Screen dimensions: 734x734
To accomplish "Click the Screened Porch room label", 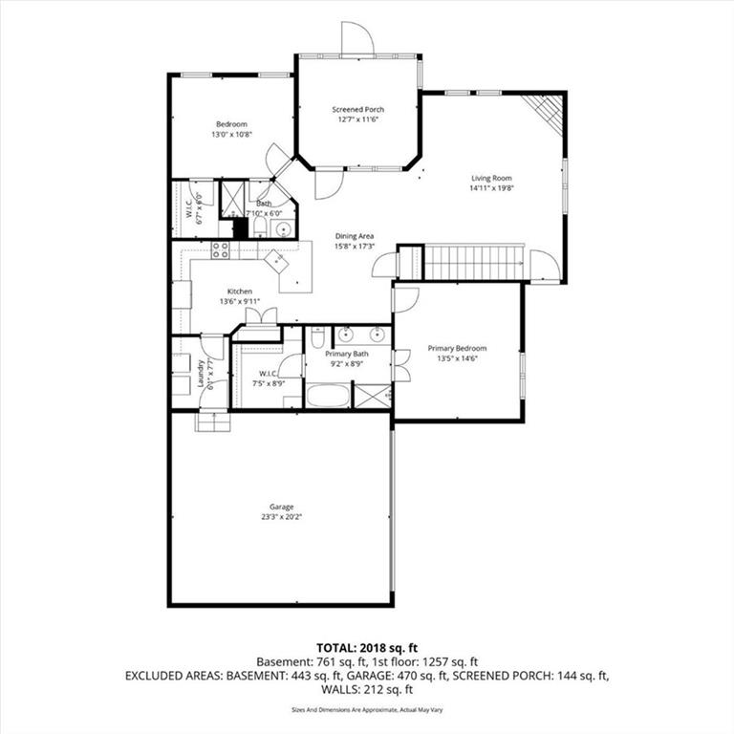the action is coord(358,110).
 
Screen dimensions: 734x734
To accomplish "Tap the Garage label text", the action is coord(281,507).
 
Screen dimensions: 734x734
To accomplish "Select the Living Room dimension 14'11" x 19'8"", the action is coord(491,188).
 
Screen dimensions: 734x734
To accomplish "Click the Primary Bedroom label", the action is coord(457,348).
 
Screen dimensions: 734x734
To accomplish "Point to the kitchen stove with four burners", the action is coord(220,250).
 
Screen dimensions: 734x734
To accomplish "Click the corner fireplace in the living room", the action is coord(546,114).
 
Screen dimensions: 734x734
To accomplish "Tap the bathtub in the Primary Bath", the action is coord(328,396).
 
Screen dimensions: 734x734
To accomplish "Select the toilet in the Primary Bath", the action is coord(317,337).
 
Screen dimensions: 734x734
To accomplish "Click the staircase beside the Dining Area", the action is coord(473,263).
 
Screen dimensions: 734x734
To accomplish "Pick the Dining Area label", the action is coord(355,236).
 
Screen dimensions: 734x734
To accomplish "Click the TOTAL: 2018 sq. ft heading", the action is coord(367,648).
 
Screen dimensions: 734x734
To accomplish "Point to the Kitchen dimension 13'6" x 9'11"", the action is coord(240,301).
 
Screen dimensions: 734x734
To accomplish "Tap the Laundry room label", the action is coord(201,373).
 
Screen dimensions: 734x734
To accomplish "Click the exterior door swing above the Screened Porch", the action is coord(357,38).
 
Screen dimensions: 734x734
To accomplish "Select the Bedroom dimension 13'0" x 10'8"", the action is coord(231,135).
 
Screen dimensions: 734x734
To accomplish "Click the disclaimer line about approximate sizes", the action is coord(367,710).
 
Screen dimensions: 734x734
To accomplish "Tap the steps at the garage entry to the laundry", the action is coord(213,421).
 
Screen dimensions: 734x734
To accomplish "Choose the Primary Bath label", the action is coord(347,354).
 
